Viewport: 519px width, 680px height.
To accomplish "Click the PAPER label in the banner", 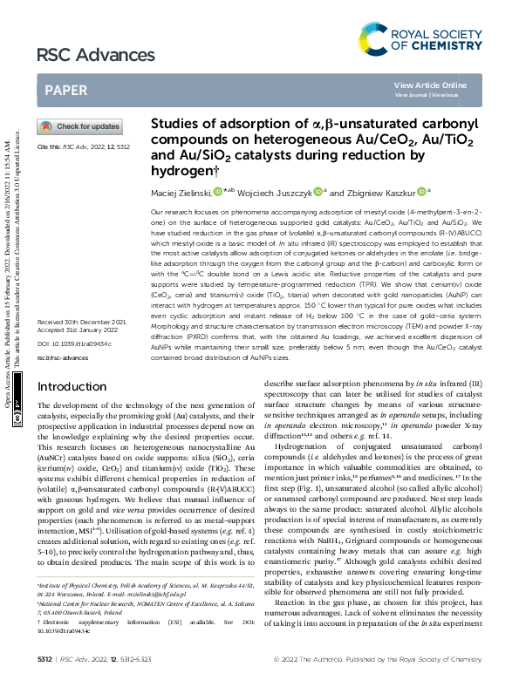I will [65, 89].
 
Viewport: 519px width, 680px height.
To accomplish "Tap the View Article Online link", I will [430, 85].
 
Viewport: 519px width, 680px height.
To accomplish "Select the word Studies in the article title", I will [178, 124].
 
